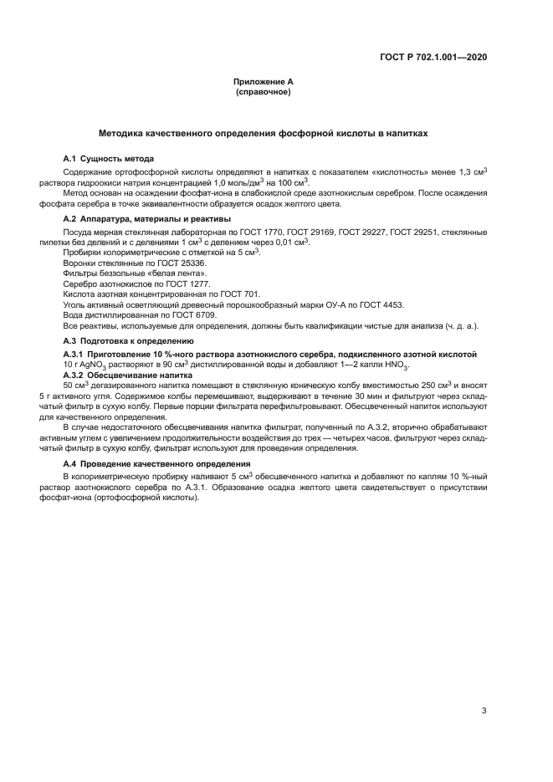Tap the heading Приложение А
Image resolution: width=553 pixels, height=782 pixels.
(x=263, y=82)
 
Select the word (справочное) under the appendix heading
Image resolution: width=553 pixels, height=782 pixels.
(x=263, y=91)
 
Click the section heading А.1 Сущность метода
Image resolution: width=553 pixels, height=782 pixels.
(x=109, y=159)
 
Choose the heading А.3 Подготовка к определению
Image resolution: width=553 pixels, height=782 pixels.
(x=123, y=341)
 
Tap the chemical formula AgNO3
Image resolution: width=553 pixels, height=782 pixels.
(x=90, y=365)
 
